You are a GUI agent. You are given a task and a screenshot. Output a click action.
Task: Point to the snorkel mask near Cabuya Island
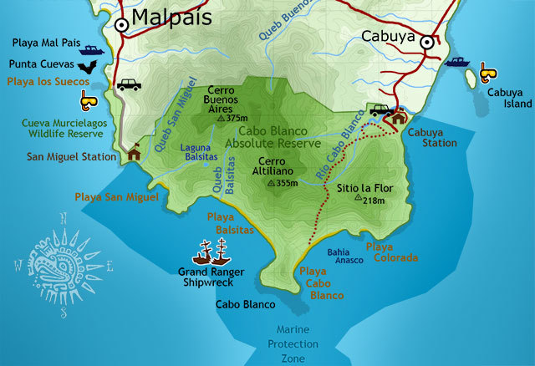pyautogui.click(x=487, y=73)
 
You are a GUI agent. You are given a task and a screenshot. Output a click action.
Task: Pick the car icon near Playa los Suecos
pyautogui.click(x=129, y=84)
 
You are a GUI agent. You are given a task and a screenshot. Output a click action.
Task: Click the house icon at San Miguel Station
pyautogui.click(x=134, y=154)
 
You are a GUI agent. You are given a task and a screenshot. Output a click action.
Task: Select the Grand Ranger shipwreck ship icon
pyautogui.click(x=211, y=252)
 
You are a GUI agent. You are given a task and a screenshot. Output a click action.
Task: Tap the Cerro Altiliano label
pyautogui.click(x=278, y=166)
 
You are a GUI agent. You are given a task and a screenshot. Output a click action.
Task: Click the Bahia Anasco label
pyautogui.click(x=344, y=256)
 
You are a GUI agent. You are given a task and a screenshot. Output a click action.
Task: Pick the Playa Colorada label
pyautogui.click(x=391, y=252)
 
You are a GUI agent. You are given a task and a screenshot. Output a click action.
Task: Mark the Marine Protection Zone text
pyautogui.click(x=293, y=343)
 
